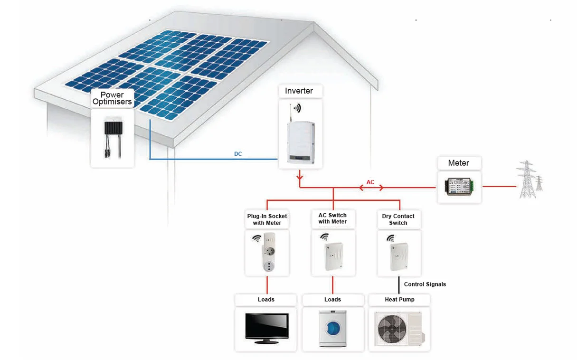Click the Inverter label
pyautogui.click(x=299, y=91)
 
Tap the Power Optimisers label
pyautogui.click(x=112, y=98)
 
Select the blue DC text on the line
pyautogui.click(x=238, y=154)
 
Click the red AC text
pyautogui.click(x=370, y=182)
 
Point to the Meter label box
pyautogui.click(x=458, y=163)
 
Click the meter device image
pyautogui.click(x=459, y=187)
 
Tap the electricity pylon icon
pyautogui.click(x=529, y=179)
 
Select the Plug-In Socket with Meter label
pyautogui.click(x=267, y=219)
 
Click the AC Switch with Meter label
pyautogui.click(x=332, y=218)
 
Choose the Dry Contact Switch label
pyautogui.click(x=398, y=219)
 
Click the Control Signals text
pyautogui.click(x=425, y=284)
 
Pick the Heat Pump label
pyautogui.click(x=399, y=300)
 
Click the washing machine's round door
pyautogui.click(x=334, y=328)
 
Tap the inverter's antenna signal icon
pyautogui.click(x=297, y=108)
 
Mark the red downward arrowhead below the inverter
pyautogui.click(x=300, y=180)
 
